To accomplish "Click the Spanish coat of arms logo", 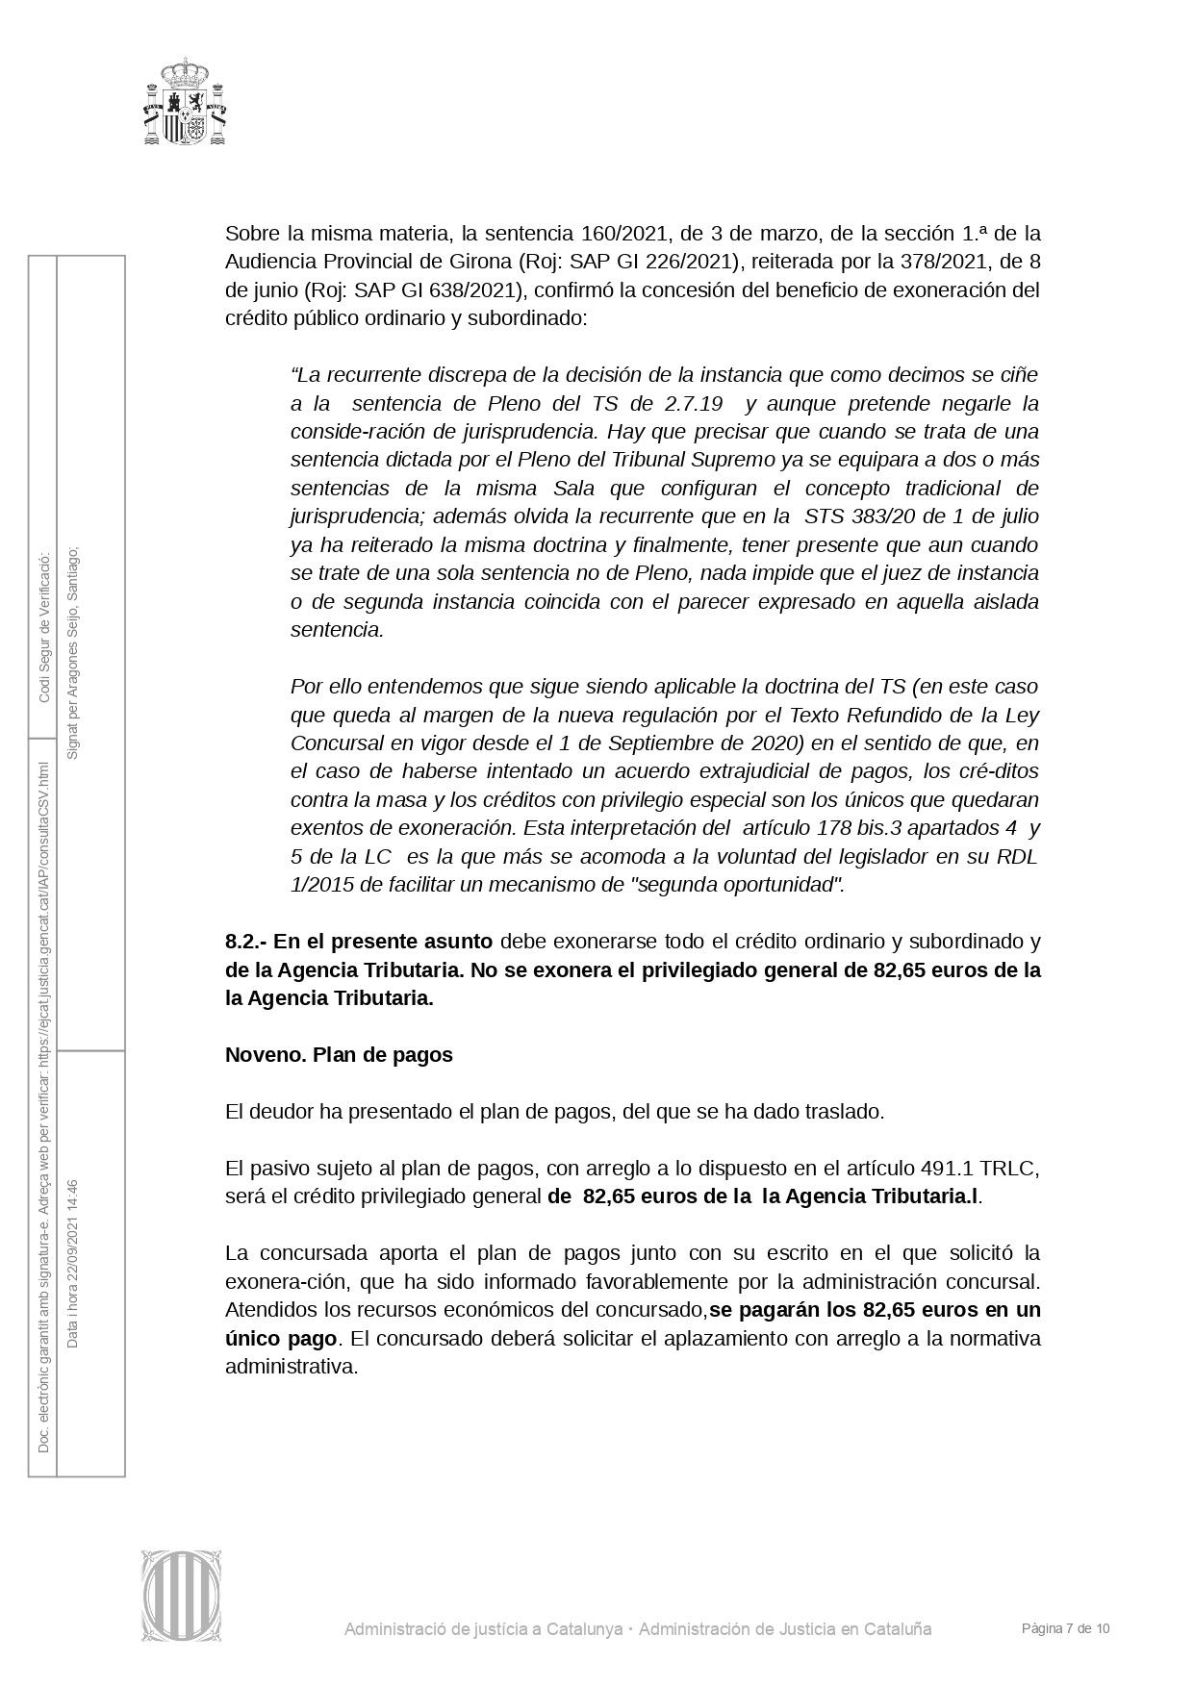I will click(x=185, y=102).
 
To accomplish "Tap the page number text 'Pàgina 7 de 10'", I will click(x=1066, y=1628).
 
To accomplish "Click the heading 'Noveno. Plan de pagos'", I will click(x=339, y=1054).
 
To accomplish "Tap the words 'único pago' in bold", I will click(x=281, y=1338).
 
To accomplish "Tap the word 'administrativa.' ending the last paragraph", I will click(x=292, y=1366).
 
